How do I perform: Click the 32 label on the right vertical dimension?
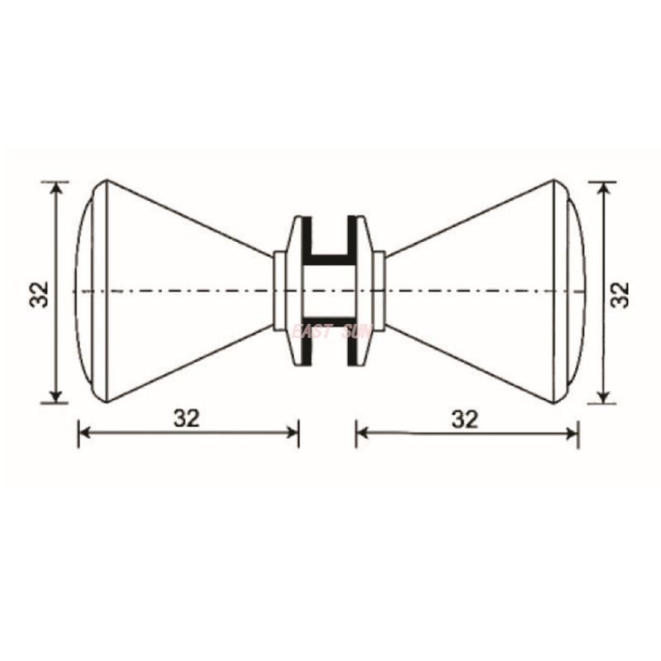click(621, 293)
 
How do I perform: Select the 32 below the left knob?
click(188, 418)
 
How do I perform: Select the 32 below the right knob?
click(466, 418)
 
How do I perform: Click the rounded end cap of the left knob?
click(89, 291)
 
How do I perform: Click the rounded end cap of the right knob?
click(572, 291)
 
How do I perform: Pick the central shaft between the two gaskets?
click(330, 291)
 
